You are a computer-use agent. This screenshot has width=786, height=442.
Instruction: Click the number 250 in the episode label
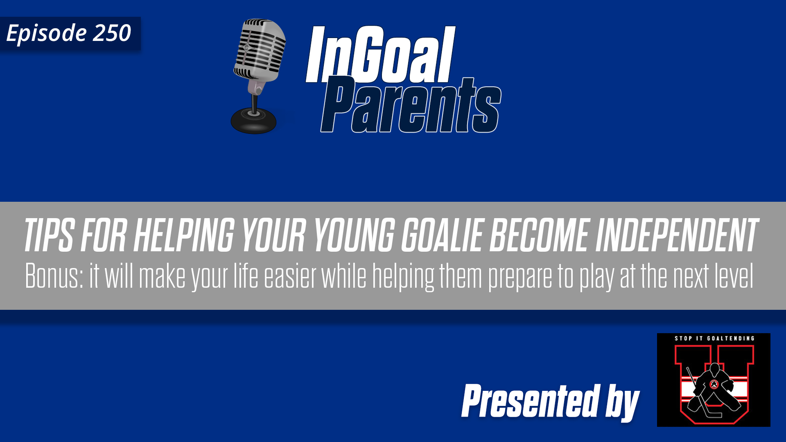(111, 33)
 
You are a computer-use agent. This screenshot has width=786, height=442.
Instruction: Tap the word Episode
(46, 34)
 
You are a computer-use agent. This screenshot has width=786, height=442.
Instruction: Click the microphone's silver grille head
(260, 49)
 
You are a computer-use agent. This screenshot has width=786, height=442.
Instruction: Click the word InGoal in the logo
(380, 55)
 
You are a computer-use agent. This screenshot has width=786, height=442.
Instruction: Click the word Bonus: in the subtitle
(54, 276)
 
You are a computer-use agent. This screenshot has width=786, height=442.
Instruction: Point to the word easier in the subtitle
(290, 276)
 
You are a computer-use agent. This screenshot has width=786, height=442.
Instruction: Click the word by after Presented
(622, 403)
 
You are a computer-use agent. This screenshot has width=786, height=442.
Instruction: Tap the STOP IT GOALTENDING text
(714, 338)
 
